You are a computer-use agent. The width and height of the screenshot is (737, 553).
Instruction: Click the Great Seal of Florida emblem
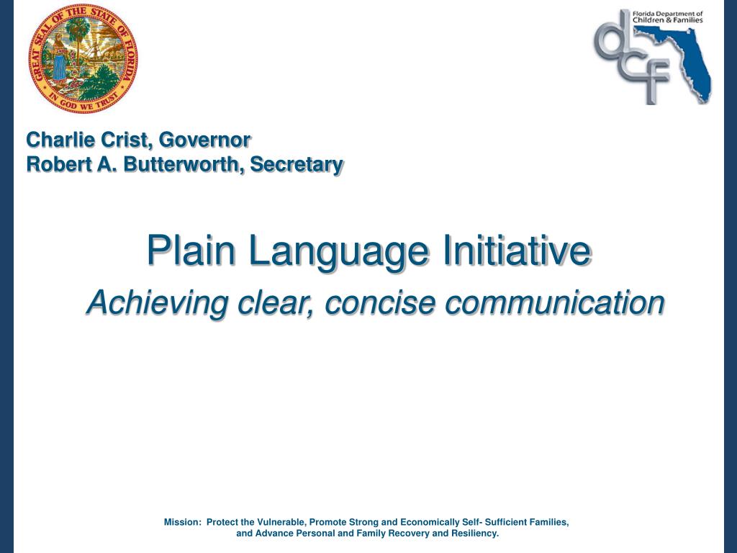[83, 58]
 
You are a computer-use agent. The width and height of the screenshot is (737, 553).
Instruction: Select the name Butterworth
[184, 164]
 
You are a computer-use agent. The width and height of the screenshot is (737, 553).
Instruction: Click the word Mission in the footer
[182, 522]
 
